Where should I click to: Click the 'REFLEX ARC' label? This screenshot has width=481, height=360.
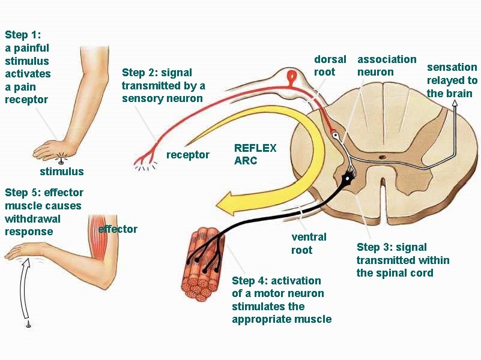point(255,154)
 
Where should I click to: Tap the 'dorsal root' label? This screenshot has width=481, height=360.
point(330,65)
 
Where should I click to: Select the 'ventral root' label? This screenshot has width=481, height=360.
point(309,243)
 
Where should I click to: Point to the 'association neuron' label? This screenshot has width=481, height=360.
point(387,65)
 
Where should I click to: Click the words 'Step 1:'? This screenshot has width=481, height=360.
point(22,35)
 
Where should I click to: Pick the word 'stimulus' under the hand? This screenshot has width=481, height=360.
point(62,172)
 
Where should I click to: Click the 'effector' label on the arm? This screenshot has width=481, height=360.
point(118,229)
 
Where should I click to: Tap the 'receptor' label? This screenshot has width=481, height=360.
point(188,155)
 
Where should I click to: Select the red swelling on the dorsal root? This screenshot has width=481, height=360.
point(292,76)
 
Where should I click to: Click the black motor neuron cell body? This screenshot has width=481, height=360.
point(346,178)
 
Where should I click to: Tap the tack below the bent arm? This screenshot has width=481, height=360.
point(28,325)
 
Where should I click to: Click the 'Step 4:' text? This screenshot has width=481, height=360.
point(251,281)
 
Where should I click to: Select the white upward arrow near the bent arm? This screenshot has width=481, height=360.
point(25,288)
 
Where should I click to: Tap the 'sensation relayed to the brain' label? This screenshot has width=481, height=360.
point(452,80)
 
